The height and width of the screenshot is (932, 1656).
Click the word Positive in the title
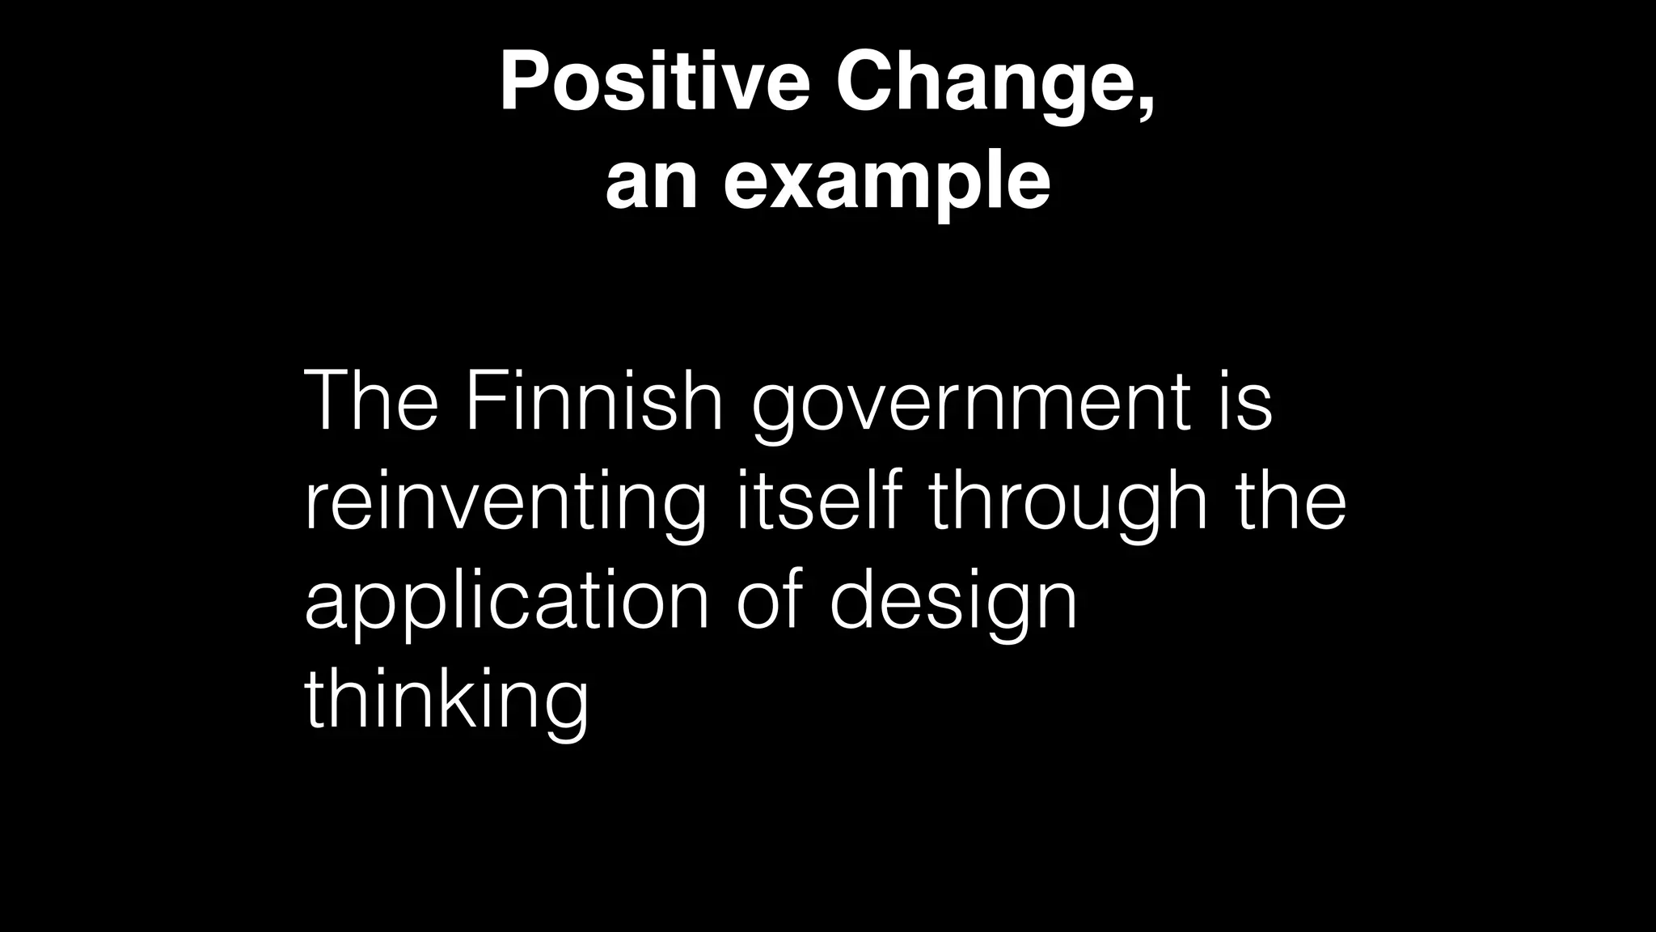[x=654, y=83]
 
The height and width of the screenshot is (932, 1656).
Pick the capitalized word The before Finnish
[x=371, y=401]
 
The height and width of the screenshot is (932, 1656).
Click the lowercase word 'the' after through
[x=1291, y=501]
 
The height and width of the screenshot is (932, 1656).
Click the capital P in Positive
[x=526, y=83]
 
